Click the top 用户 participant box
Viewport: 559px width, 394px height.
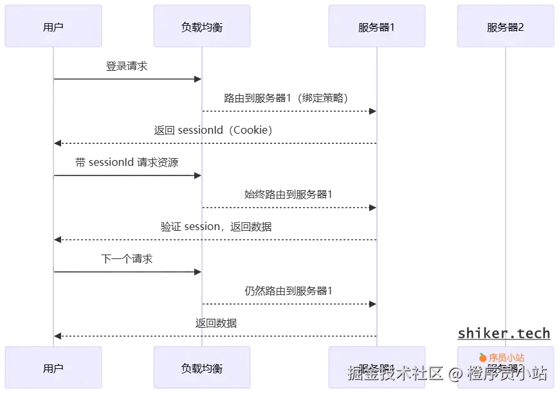(x=53, y=27)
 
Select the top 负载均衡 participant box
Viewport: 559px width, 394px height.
(x=201, y=27)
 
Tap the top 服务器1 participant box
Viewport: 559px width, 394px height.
(x=376, y=27)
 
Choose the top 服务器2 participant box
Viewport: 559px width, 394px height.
(x=505, y=27)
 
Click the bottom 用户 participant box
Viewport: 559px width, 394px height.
(x=53, y=368)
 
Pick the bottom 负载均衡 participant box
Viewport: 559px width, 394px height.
(x=201, y=368)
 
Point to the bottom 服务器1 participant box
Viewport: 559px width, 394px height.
(x=376, y=368)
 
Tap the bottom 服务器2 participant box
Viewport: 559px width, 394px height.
(x=505, y=368)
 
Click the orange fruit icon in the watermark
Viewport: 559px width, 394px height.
(x=482, y=357)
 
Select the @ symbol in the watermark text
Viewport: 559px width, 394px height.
(x=455, y=373)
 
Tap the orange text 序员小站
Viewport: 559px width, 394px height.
(x=506, y=357)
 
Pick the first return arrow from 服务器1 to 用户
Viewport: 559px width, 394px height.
(x=215, y=142)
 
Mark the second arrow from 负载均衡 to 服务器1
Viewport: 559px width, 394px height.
(x=289, y=207)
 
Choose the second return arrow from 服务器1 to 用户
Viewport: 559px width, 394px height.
(x=215, y=239)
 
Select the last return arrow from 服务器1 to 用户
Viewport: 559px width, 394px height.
(x=215, y=336)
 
